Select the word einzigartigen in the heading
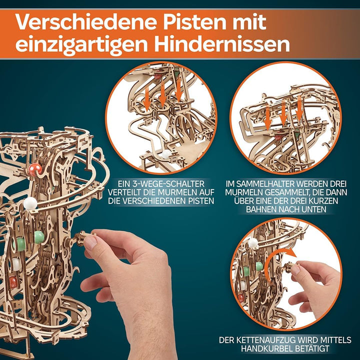coord(81,45)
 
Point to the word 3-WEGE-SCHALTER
coord(167,183)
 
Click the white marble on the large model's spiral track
coord(30,203)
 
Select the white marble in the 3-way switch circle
coord(166,154)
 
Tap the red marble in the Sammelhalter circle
coord(278,136)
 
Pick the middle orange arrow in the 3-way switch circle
coord(162,94)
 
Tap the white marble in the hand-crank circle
coord(252,243)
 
